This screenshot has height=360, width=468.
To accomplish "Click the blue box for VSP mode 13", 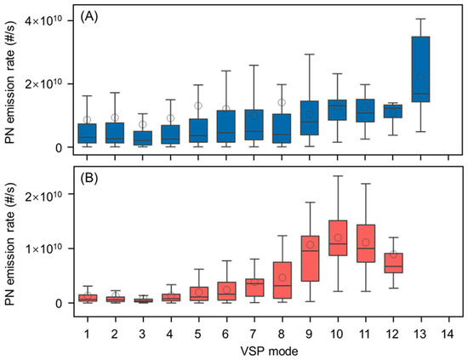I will (420, 69).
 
